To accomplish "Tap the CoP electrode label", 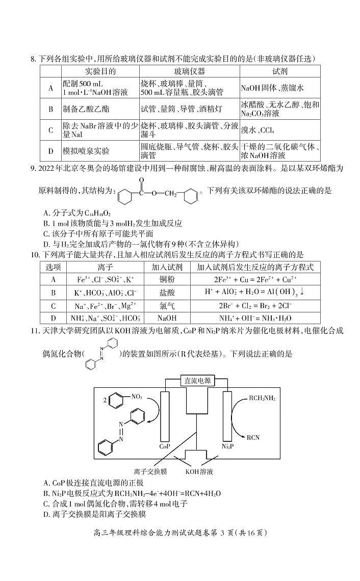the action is click(164, 446).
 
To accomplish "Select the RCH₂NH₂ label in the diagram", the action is click(262, 398).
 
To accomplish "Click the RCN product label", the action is click(253, 437).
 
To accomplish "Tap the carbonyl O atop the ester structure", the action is click(141, 180).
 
